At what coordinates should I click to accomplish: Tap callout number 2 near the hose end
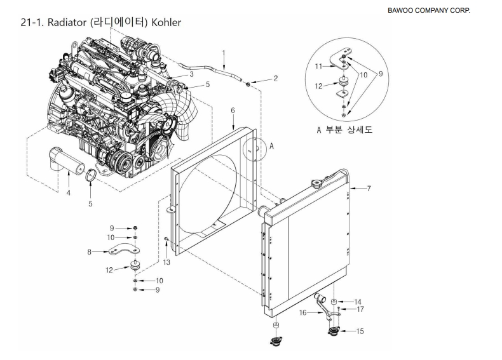pyautogui.click(x=276, y=79)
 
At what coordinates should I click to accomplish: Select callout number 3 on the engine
pyautogui.click(x=190, y=74)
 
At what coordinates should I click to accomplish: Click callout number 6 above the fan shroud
pyautogui.click(x=233, y=110)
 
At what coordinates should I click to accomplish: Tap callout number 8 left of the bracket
pyautogui.click(x=89, y=252)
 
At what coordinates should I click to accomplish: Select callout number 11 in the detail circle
pyautogui.click(x=319, y=65)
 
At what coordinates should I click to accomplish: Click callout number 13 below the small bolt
pyautogui.click(x=166, y=262)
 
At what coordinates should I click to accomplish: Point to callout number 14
pyautogui.click(x=358, y=302)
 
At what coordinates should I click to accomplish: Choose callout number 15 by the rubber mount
pyautogui.click(x=361, y=331)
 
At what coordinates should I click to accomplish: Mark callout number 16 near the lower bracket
pyautogui.click(x=303, y=312)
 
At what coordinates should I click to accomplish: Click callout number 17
pyautogui.click(x=360, y=310)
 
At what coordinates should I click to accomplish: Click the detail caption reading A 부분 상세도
pyautogui.click(x=344, y=130)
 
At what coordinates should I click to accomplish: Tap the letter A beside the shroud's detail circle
pyautogui.click(x=271, y=145)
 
